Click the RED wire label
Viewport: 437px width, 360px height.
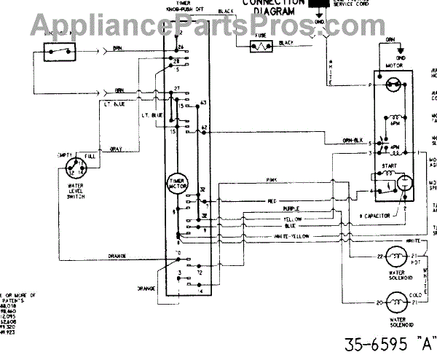click(x=271, y=199)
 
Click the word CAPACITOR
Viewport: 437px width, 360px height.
click(x=381, y=217)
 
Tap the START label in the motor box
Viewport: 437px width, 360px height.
click(x=387, y=166)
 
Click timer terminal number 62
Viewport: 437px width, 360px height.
click(x=204, y=128)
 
